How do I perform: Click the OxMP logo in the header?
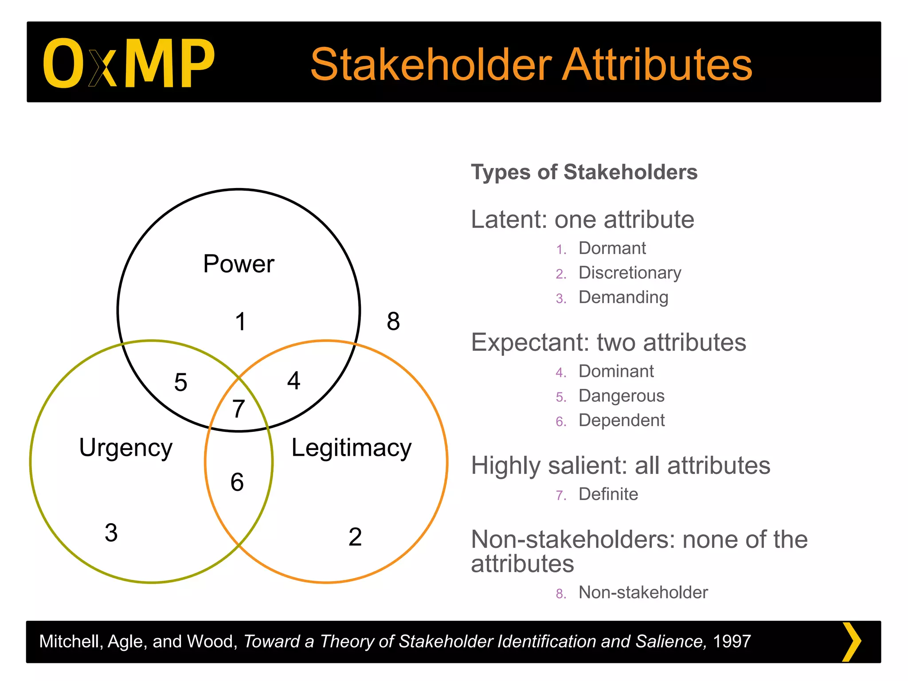[x=129, y=63]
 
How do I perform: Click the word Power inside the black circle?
[x=239, y=264]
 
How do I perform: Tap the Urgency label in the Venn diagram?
[x=125, y=448]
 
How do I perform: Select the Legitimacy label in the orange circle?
[x=351, y=448]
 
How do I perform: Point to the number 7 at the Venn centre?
[x=239, y=408]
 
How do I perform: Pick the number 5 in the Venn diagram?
[x=180, y=382]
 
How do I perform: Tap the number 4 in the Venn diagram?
[x=294, y=380]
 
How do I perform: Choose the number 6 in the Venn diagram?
[x=237, y=482]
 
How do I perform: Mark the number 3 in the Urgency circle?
[x=111, y=532]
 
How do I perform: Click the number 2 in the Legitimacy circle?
[x=355, y=537]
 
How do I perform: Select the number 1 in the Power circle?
[x=240, y=321]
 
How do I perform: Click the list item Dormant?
[x=612, y=248]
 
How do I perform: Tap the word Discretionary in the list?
[x=630, y=273]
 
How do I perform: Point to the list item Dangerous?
[x=621, y=395]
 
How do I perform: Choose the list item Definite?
[x=608, y=494]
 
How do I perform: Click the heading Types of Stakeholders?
[x=584, y=172]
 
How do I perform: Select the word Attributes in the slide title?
[x=657, y=65]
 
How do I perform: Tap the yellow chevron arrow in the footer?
[x=851, y=642]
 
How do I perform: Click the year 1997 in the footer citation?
[x=732, y=642]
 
